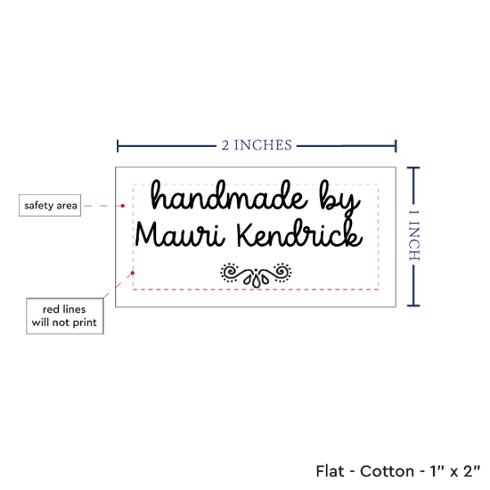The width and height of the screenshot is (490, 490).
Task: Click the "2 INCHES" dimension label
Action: pyautogui.click(x=257, y=145)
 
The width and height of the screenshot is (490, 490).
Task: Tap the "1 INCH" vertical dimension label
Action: pyautogui.click(x=414, y=235)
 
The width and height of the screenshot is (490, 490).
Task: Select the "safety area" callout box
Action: pyautogui.click(x=50, y=205)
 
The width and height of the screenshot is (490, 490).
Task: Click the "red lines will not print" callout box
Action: pyautogui.click(x=65, y=316)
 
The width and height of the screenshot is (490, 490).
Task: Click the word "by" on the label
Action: pyautogui.click(x=339, y=198)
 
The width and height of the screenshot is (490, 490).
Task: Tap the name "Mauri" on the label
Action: pyautogui.click(x=180, y=234)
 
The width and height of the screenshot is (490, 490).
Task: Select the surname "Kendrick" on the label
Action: pyautogui.click(x=299, y=233)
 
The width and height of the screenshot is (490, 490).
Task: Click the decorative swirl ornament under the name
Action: pyautogui.click(x=256, y=274)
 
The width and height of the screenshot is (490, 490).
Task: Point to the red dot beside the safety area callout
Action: pyautogui.click(x=123, y=206)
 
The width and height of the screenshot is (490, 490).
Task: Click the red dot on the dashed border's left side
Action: pyautogui.click(x=133, y=273)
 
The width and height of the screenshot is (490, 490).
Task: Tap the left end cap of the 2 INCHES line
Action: pyautogui.click(x=118, y=146)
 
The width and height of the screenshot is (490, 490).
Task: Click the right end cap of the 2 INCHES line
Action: pyautogui.click(x=396, y=146)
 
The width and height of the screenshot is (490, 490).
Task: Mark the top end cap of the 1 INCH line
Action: pyautogui.click(x=413, y=168)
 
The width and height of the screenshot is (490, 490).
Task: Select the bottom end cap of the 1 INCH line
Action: pyautogui.click(x=413, y=306)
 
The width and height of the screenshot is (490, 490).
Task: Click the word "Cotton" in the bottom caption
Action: pyautogui.click(x=387, y=471)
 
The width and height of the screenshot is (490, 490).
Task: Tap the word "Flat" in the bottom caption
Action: pyautogui.click(x=330, y=471)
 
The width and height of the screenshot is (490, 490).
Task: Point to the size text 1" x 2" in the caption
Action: pyautogui.click(x=454, y=471)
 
